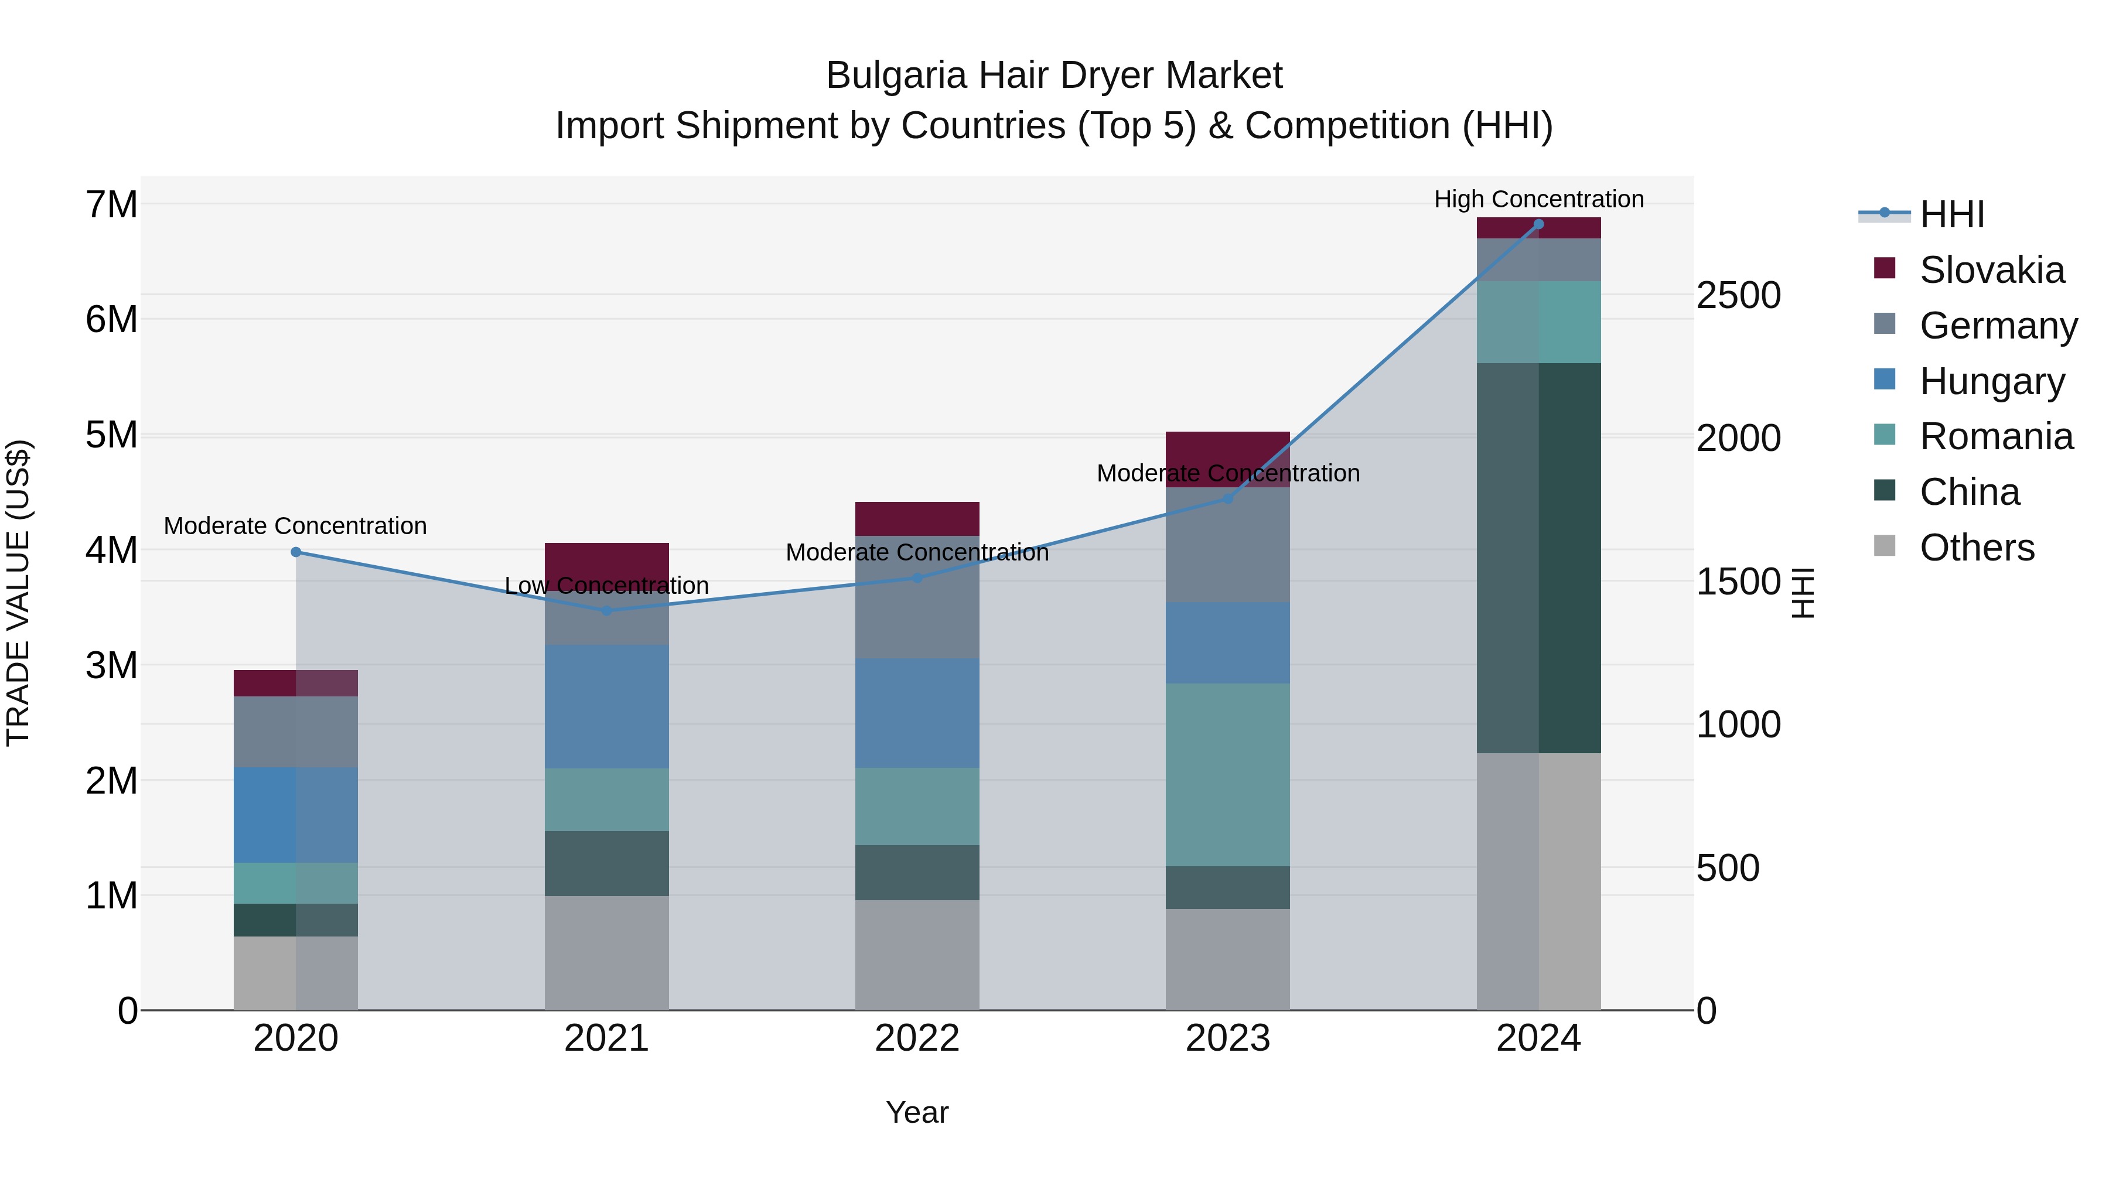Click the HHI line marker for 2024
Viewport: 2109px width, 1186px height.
click(x=1538, y=224)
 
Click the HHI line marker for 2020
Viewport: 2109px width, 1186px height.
click(x=296, y=552)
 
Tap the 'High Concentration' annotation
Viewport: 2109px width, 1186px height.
click(x=1538, y=199)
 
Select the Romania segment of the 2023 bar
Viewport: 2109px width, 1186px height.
click(x=1227, y=774)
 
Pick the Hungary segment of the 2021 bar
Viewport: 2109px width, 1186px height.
click(x=607, y=706)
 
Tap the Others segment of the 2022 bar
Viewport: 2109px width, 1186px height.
click(x=917, y=955)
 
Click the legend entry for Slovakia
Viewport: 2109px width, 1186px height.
click(x=1991, y=270)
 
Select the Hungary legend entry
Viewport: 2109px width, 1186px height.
click(x=1991, y=381)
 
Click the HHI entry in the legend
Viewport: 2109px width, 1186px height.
click(x=1952, y=214)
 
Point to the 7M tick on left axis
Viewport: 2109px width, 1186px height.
click(x=111, y=204)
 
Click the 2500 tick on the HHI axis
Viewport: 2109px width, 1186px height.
click(x=1738, y=296)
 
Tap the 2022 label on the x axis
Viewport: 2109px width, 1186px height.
click(x=917, y=1038)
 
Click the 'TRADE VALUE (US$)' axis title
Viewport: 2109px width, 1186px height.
click(x=18, y=593)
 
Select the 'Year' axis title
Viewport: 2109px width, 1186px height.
click(x=917, y=1112)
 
